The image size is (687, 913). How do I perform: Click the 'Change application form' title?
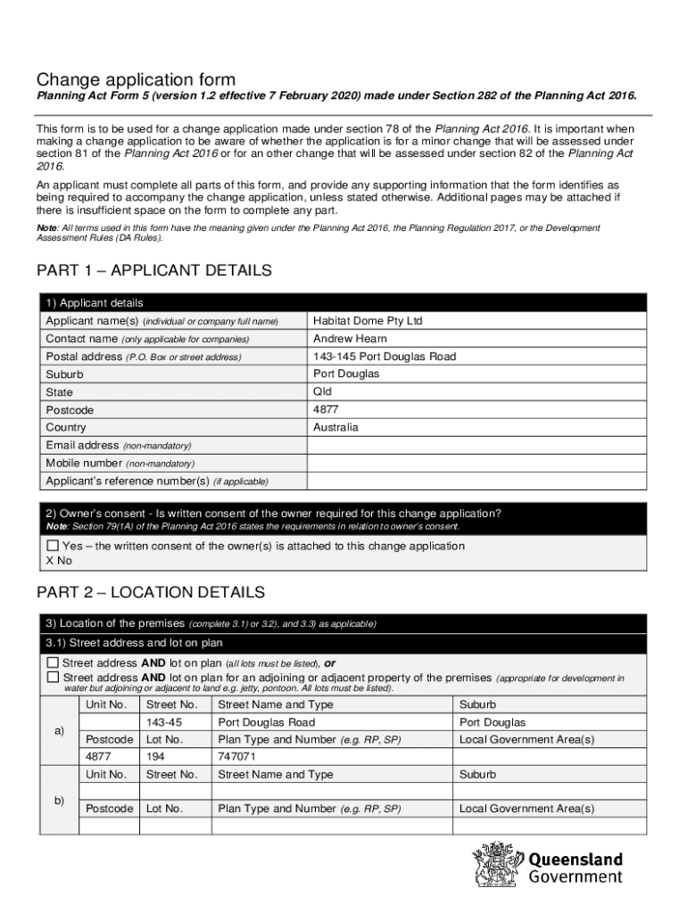136,81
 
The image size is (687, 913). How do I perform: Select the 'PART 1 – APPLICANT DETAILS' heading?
153,270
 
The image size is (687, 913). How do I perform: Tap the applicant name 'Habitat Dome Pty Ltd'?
368,321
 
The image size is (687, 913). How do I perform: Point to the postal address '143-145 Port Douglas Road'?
385,357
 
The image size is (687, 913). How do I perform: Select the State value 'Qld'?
322,392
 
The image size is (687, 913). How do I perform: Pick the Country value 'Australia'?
335,428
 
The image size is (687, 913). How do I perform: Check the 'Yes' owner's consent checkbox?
53,546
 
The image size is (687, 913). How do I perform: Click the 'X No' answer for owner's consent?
58,561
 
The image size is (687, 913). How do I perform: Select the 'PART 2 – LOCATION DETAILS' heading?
151,592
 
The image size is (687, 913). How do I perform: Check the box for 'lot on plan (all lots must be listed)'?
53,663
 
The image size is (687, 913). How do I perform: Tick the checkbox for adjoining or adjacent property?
53,678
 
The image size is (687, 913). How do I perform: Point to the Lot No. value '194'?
156,757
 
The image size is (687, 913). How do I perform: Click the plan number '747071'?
237,757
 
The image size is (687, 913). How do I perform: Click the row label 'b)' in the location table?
59,801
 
